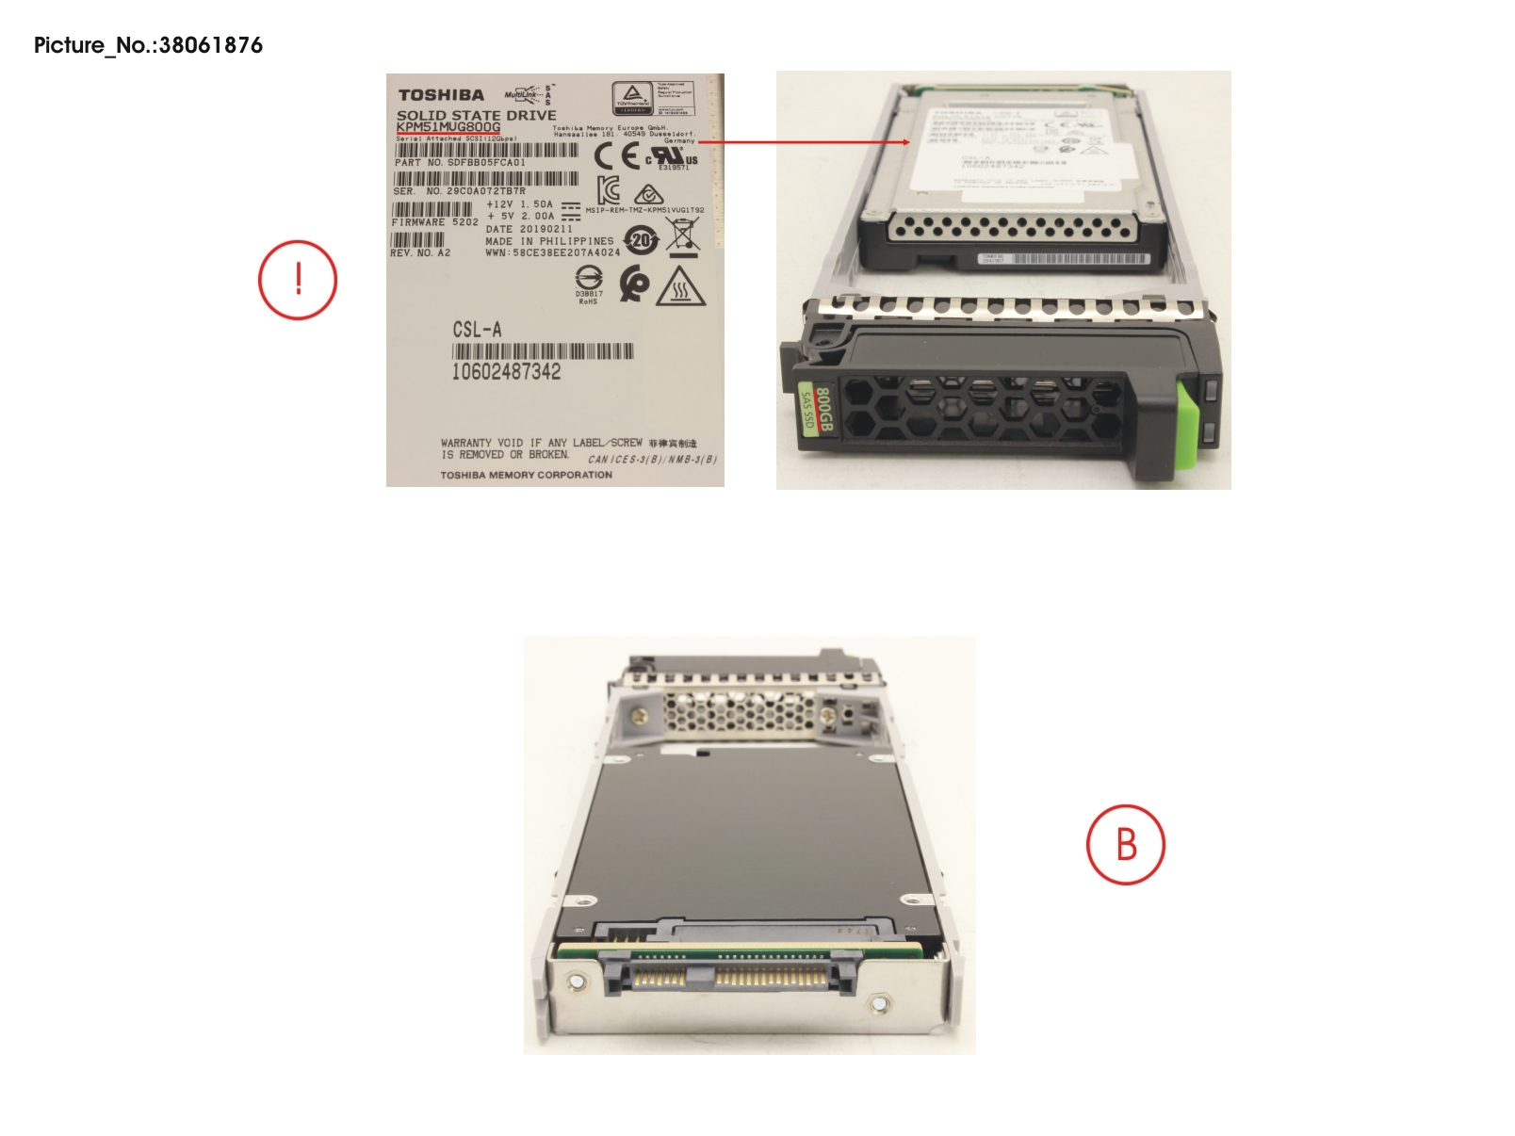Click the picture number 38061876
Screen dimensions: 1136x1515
tap(210, 45)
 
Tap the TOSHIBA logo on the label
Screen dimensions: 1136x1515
tap(441, 95)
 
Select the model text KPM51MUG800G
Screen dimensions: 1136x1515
tap(448, 127)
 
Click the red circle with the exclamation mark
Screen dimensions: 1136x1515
tap(298, 280)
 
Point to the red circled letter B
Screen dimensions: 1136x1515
tap(1126, 844)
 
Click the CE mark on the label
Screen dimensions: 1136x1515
tap(617, 156)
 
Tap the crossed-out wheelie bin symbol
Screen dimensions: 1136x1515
tap(683, 235)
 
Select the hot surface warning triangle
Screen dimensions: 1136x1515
tap(679, 287)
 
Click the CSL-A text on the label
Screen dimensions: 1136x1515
tap(477, 330)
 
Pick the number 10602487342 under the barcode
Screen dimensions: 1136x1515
tap(506, 372)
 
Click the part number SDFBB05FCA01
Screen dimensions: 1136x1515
tap(486, 163)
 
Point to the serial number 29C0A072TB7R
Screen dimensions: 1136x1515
tap(485, 191)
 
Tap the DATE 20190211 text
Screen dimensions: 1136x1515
tap(529, 229)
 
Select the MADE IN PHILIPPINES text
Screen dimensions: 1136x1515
tap(548, 241)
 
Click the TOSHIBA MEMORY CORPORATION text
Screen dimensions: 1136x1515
tap(526, 475)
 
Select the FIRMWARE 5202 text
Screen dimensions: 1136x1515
tap(434, 222)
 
